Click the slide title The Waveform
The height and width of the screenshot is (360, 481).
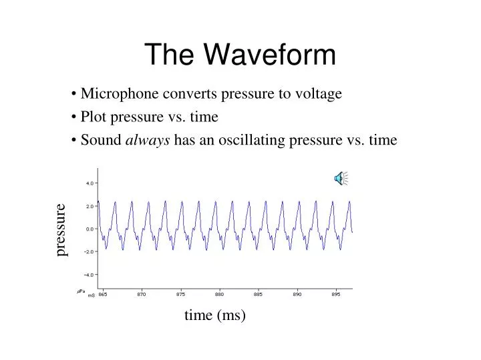[240, 55]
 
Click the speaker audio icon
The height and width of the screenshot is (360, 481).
[340, 177]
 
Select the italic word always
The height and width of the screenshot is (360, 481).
[148, 141]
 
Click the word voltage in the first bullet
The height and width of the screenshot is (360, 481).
[319, 94]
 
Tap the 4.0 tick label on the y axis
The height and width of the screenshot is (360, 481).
[90, 183]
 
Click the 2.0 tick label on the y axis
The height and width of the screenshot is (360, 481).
[90, 207]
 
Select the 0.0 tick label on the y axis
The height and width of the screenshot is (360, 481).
[90, 229]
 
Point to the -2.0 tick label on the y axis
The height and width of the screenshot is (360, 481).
[88, 252]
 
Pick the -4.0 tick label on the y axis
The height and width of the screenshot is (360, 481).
[88, 275]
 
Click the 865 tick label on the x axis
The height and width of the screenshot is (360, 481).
[102, 295]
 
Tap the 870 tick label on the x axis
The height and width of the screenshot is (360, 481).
[142, 295]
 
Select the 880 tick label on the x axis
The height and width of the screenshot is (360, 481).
[219, 295]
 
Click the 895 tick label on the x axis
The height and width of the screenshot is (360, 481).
[336, 295]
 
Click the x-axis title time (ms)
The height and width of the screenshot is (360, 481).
[215, 315]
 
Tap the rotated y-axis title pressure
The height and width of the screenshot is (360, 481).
[61, 230]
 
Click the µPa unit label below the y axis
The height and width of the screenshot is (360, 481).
[81, 292]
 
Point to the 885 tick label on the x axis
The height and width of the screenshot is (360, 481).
[258, 295]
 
